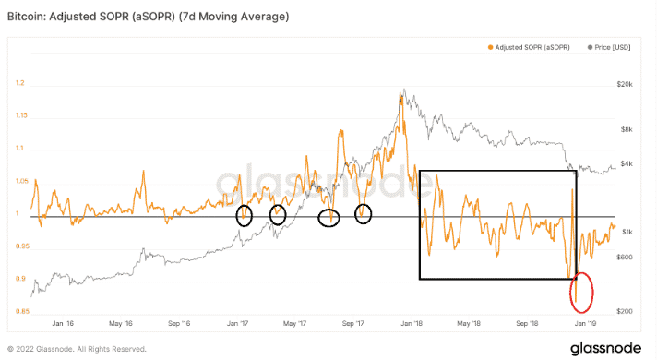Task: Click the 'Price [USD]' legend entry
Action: point(613,46)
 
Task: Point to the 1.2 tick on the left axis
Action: point(19,83)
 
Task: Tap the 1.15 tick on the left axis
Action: point(21,115)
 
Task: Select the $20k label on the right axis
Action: point(626,83)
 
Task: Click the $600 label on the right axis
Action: point(626,257)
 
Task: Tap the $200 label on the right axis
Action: point(626,312)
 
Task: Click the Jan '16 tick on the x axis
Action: point(63,324)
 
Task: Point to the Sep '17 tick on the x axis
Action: point(354,324)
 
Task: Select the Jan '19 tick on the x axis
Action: point(585,324)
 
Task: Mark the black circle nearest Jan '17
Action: point(244,216)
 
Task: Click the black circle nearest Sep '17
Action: point(364,214)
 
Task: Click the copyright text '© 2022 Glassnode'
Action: point(76,349)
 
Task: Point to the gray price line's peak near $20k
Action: point(402,91)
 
